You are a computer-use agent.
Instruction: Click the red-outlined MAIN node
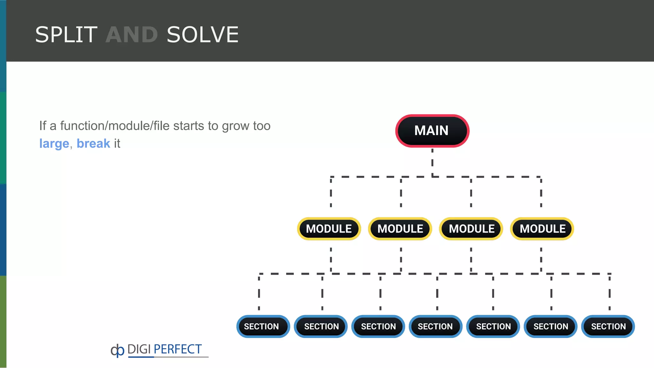(432, 131)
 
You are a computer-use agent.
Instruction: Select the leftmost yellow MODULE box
(329, 229)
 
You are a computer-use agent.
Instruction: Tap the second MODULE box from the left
(400, 229)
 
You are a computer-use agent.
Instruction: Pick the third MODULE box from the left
(471, 229)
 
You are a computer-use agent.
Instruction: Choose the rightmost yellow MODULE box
(542, 229)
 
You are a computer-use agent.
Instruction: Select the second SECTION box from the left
(321, 326)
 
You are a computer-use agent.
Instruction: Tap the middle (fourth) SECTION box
(435, 326)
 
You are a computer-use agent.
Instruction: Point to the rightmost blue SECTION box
(608, 326)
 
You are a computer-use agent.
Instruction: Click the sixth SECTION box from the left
(551, 326)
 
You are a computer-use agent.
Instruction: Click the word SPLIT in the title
(66, 34)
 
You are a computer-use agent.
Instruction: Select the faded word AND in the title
(132, 34)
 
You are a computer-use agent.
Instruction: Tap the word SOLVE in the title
(202, 34)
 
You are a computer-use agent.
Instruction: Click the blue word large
(54, 144)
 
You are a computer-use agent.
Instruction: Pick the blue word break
(93, 144)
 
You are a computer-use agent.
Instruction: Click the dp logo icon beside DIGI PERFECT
(117, 350)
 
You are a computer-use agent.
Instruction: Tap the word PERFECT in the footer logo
(178, 349)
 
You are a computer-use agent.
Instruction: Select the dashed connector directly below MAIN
(432, 162)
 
